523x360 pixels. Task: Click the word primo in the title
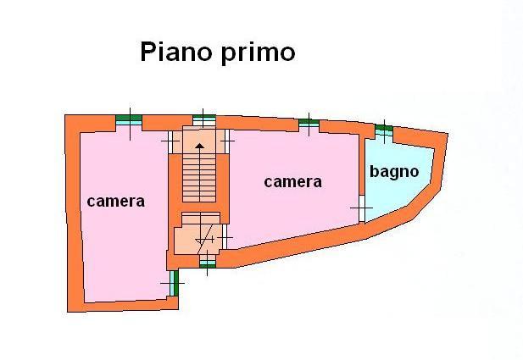tap(253, 53)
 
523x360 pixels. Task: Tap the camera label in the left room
tap(115, 202)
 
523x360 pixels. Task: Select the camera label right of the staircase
tap(292, 181)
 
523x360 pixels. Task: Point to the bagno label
tap(394, 171)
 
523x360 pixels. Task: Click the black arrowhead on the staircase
tap(200, 146)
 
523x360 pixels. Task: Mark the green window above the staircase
tap(204, 119)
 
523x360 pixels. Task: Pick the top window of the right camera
tap(309, 123)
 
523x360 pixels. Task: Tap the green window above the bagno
tap(384, 130)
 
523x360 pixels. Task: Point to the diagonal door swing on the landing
tap(204, 236)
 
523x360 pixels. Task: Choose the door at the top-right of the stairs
tap(227, 139)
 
